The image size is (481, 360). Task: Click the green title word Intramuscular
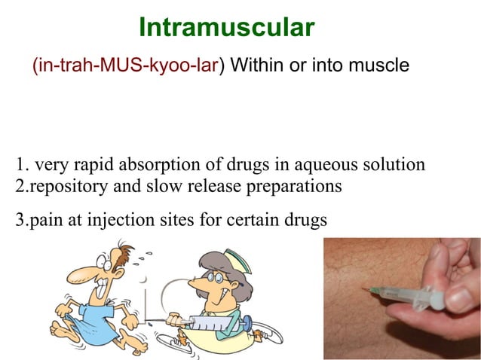226,29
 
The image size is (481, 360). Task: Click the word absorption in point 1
182,165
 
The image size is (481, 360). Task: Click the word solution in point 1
393,165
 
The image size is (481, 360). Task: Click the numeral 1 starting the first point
20,165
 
